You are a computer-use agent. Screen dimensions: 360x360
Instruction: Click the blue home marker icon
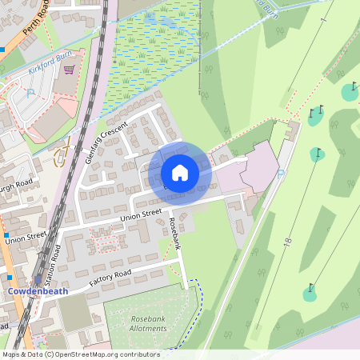[x=180, y=173]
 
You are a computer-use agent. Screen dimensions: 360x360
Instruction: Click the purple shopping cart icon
[x=69, y=70]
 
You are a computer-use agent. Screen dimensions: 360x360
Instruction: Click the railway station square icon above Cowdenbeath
[x=10, y=278]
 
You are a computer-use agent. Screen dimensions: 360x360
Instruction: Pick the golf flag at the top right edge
[x=353, y=86]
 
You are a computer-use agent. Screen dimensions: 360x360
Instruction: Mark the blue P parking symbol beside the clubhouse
[x=279, y=173]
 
